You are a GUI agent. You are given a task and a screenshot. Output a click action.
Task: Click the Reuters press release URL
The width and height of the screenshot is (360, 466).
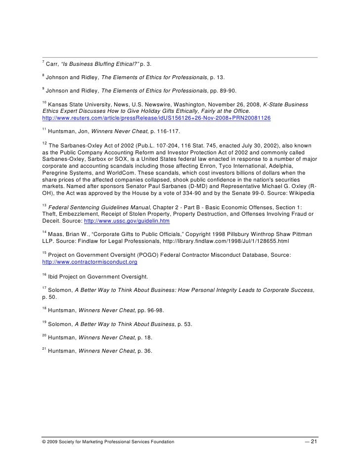pos(156,120)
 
